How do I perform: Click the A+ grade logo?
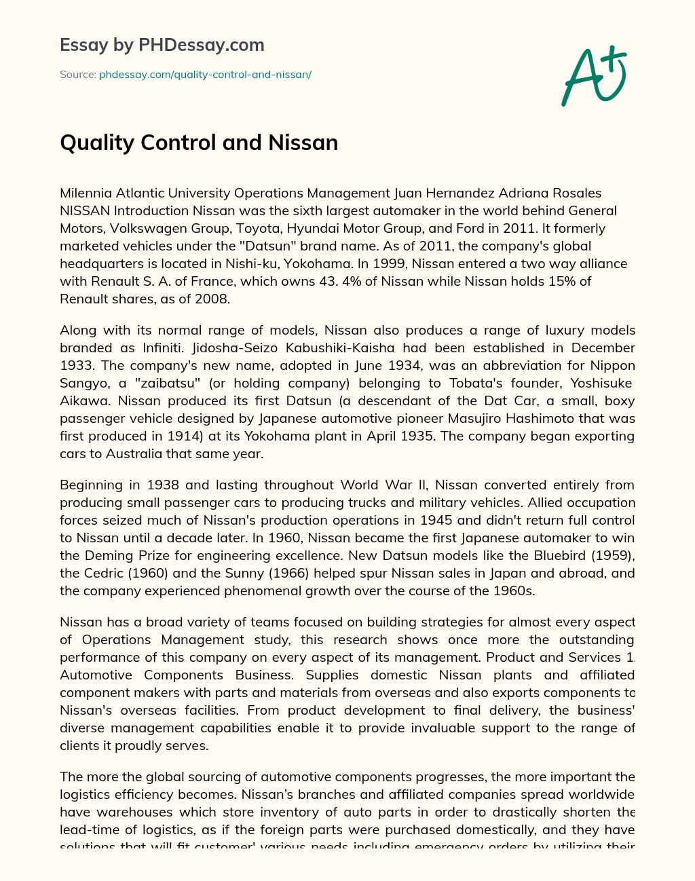click(594, 76)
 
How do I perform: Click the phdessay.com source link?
click(205, 75)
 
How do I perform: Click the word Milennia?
click(86, 193)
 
